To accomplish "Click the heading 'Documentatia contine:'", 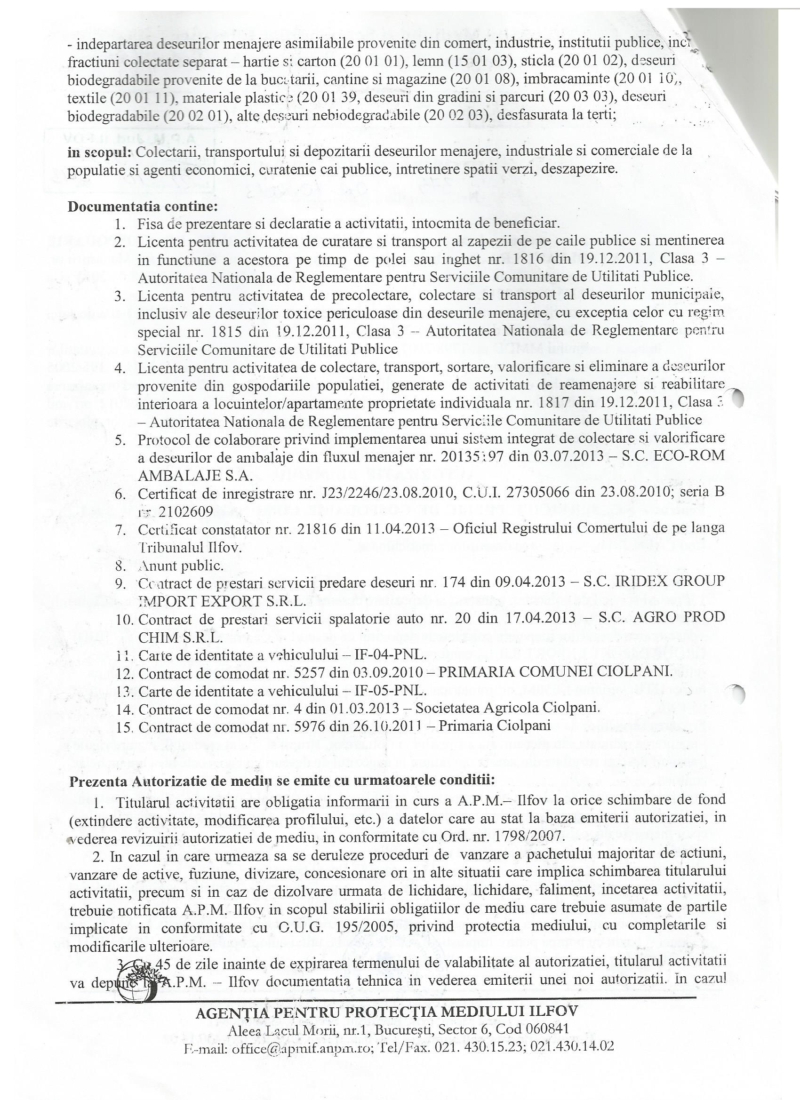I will coord(143,206).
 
